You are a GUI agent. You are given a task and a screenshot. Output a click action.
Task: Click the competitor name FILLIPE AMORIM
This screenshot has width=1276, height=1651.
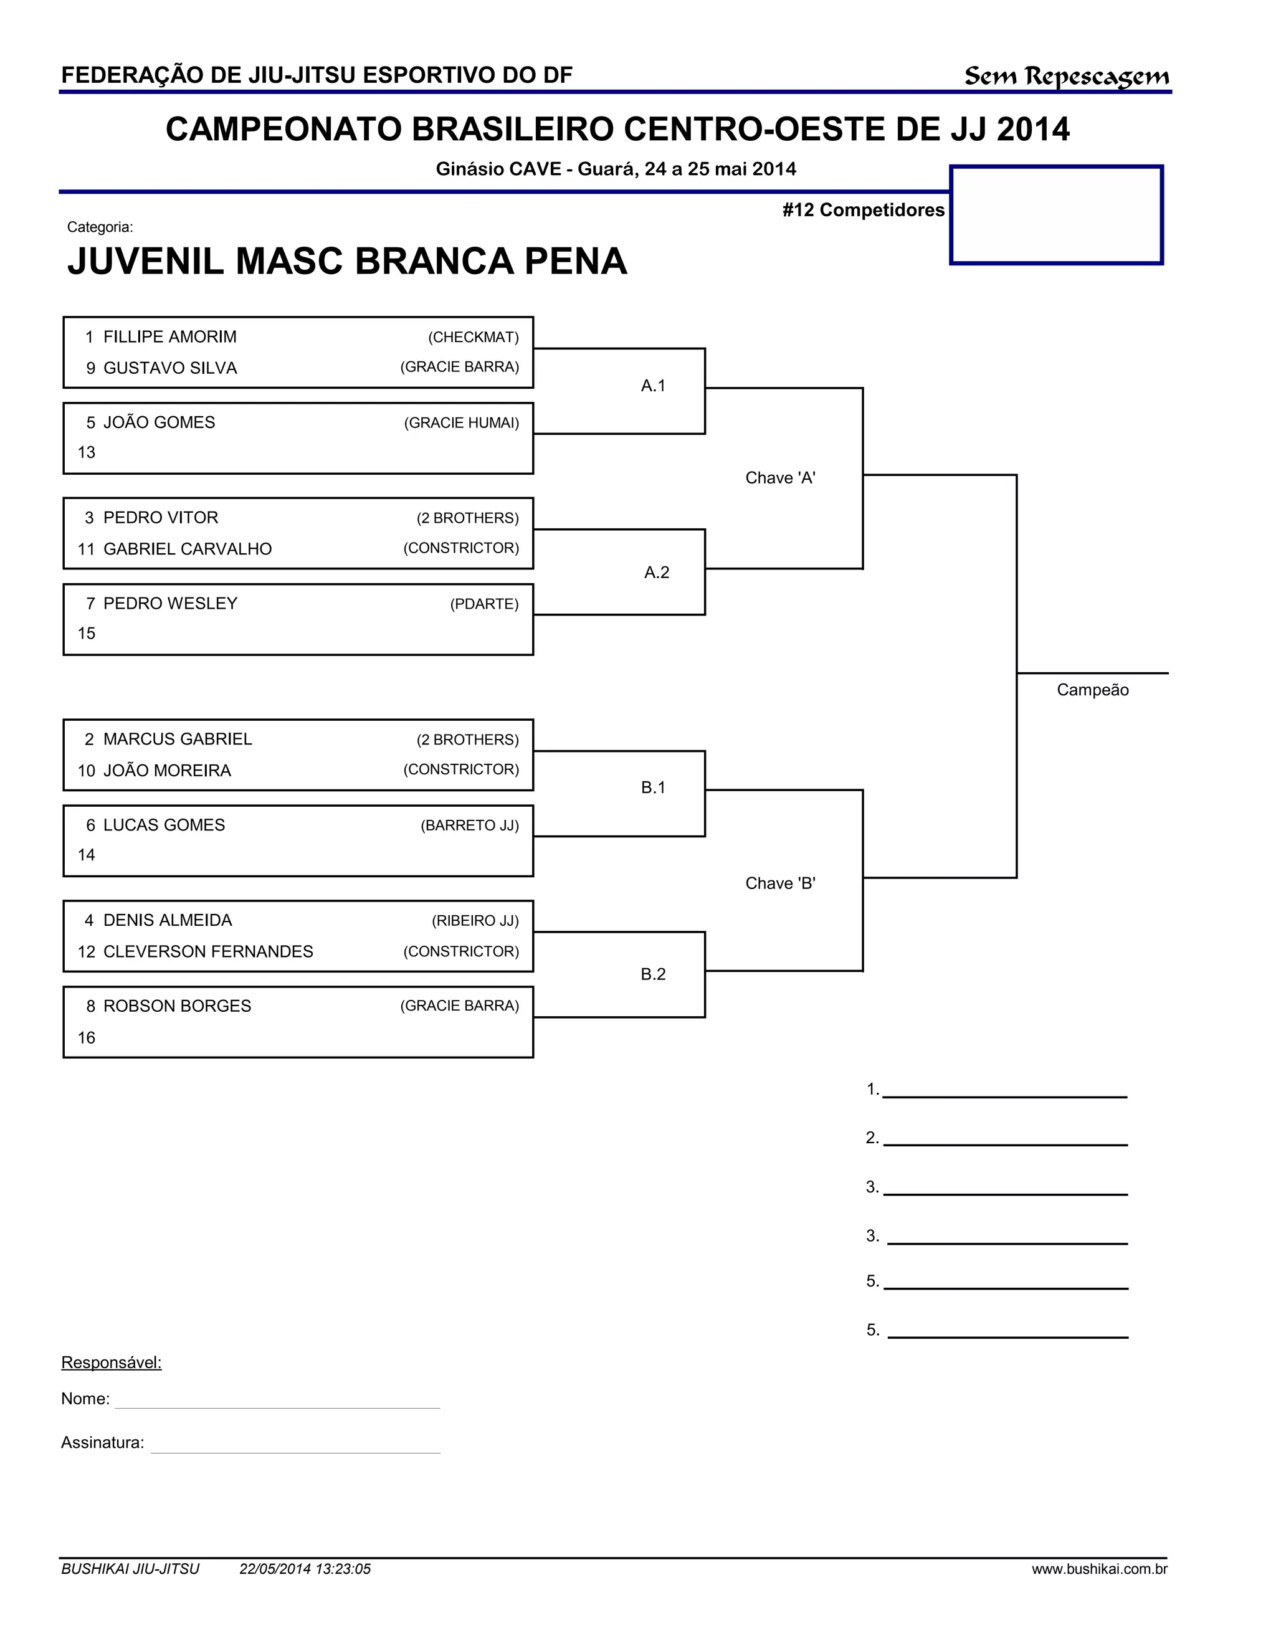[169, 337]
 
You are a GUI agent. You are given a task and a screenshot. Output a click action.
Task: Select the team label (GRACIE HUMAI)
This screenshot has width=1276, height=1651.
[461, 423]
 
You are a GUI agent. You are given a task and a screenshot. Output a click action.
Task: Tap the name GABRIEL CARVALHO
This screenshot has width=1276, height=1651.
[187, 550]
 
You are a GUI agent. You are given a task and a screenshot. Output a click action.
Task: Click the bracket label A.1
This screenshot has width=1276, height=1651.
[653, 386]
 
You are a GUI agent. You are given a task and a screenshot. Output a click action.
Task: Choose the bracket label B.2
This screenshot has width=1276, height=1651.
[653, 974]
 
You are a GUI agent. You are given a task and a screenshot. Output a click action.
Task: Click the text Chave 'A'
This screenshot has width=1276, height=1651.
[780, 478]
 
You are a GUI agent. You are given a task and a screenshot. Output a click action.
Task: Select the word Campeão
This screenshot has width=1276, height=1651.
[1092, 690]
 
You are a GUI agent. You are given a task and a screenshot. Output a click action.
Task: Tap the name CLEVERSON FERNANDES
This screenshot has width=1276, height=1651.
[208, 952]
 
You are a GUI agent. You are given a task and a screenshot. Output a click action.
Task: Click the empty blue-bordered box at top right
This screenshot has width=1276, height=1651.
[1056, 216]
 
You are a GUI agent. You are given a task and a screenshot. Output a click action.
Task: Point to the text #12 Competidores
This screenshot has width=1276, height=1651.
[864, 210]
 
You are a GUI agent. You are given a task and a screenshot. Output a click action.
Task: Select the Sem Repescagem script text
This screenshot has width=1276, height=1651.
[1066, 77]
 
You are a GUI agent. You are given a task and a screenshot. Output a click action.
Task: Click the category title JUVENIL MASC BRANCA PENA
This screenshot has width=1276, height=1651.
[347, 262]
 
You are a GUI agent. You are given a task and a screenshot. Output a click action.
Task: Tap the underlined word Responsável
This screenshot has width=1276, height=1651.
[111, 1363]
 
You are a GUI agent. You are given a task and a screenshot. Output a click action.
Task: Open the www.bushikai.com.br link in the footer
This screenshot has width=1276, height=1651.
[1099, 1569]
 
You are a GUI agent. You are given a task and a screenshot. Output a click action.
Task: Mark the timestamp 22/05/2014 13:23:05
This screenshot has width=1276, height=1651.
[305, 1569]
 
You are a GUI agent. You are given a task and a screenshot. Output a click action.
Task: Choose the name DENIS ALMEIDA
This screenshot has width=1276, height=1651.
[167, 921]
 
